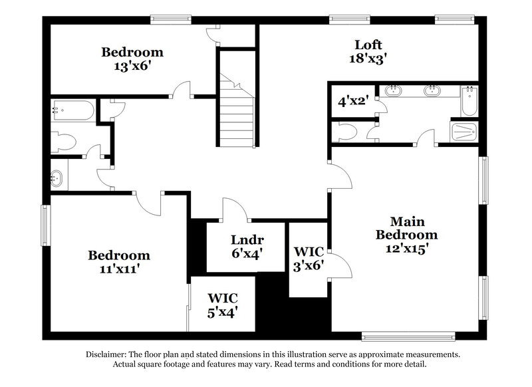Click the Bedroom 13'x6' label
pyautogui.click(x=132, y=59)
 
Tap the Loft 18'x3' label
pyautogui.click(x=368, y=51)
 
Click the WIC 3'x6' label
pyautogui.click(x=309, y=259)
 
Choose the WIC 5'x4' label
pyautogui.click(x=222, y=303)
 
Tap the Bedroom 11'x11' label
pyautogui.click(x=120, y=262)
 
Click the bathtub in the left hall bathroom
pyautogui.click(x=73, y=110)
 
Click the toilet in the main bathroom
pyautogui.click(x=348, y=131)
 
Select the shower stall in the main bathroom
pyautogui.click(x=465, y=132)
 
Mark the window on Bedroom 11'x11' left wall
pyautogui.click(x=46, y=225)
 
